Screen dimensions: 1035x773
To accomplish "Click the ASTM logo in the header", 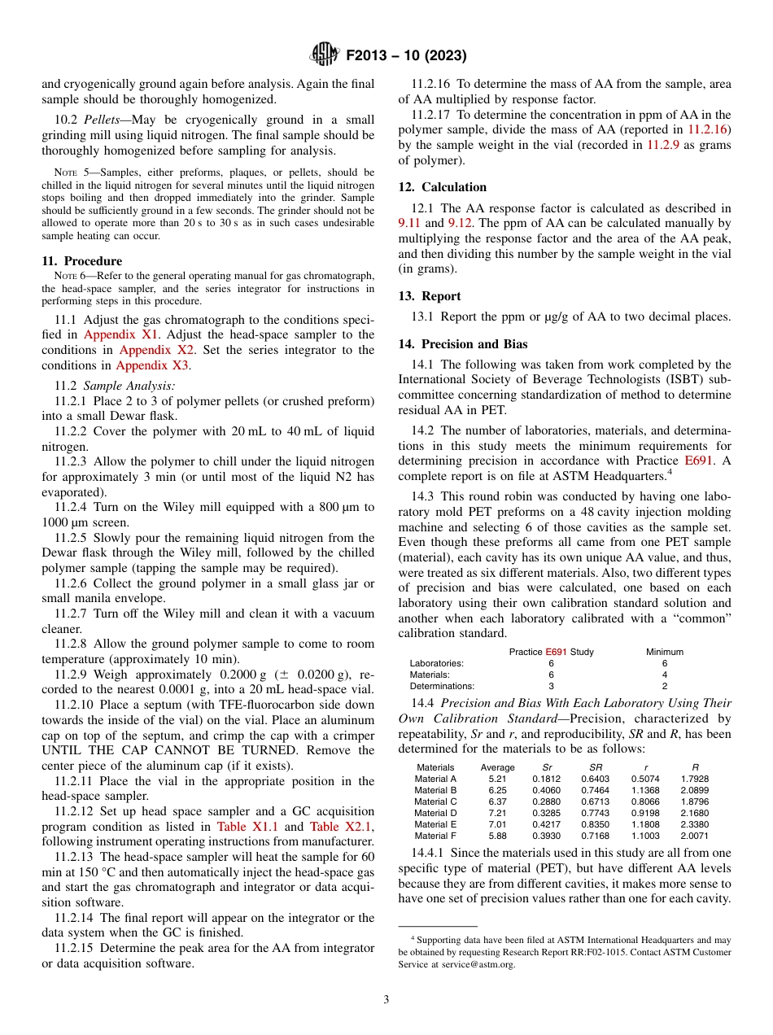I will coord(325,55).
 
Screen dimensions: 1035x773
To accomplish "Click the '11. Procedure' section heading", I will coord(82,261).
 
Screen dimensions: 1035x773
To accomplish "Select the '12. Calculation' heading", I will coord(443,187).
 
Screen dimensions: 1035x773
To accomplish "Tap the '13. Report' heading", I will coord(430,296).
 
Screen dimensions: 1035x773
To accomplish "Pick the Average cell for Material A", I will coord(497,779).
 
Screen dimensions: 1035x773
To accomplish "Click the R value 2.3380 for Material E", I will coord(694,824).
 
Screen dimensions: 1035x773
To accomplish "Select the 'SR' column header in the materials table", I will coord(595,767).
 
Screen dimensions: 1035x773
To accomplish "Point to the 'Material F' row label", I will coord(435,836).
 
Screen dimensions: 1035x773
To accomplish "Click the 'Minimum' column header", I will coord(664,652).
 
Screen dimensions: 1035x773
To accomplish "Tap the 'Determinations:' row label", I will coord(441,686).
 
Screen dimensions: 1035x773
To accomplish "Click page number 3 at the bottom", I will coord(386,1000).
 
